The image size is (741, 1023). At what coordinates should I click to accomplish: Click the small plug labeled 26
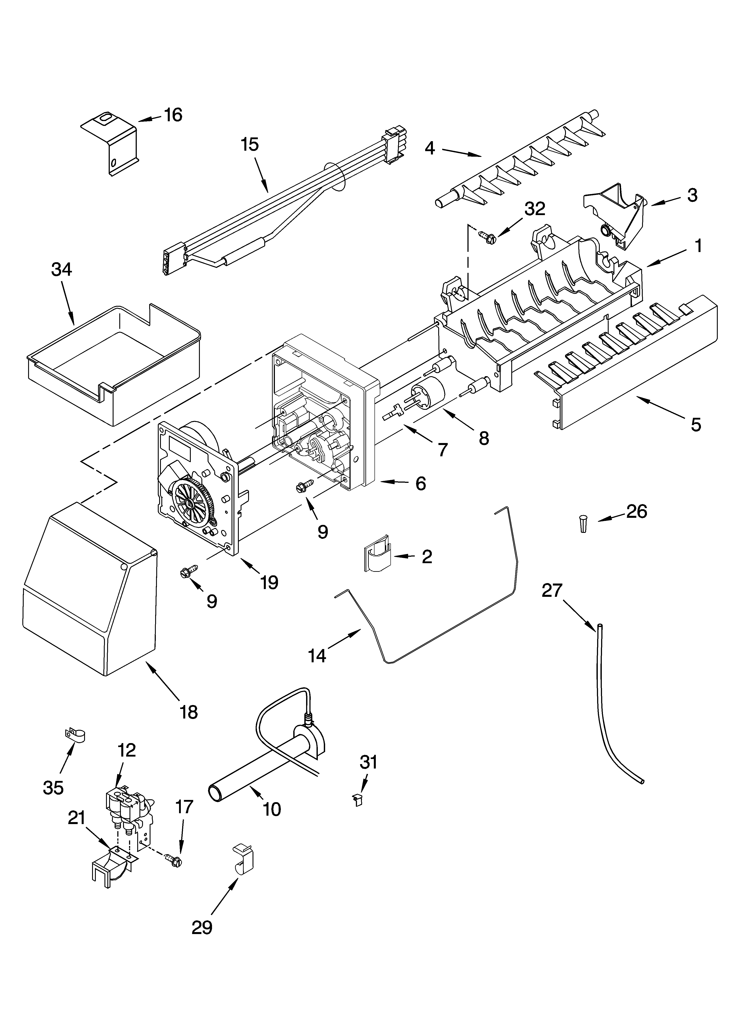tap(583, 525)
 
